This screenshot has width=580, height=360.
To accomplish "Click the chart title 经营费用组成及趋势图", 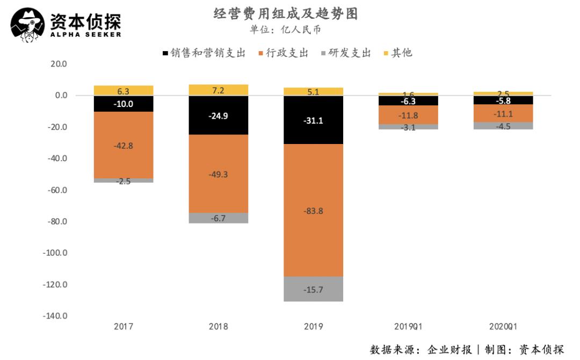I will (285, 14).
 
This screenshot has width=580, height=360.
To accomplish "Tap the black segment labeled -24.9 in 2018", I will (219, 115).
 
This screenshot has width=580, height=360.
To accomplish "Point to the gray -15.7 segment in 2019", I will (313, 289).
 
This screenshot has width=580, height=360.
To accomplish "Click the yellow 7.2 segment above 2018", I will (219, 90).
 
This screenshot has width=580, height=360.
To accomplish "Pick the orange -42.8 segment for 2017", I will (124, 145).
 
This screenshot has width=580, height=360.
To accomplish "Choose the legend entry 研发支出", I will (345, 53).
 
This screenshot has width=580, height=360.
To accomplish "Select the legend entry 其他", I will (398, 53).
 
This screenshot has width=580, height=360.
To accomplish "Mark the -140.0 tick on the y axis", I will (55, 316).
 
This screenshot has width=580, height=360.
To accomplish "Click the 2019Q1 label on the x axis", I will (408, 326).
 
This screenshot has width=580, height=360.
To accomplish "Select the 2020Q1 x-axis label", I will (503, 326).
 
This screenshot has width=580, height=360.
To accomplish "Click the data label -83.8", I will (313, 211).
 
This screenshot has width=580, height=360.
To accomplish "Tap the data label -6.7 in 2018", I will (219, 218).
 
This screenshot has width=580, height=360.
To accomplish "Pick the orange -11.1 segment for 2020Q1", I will (503, 113).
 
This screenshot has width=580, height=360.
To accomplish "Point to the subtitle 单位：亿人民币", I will (285, 30).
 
